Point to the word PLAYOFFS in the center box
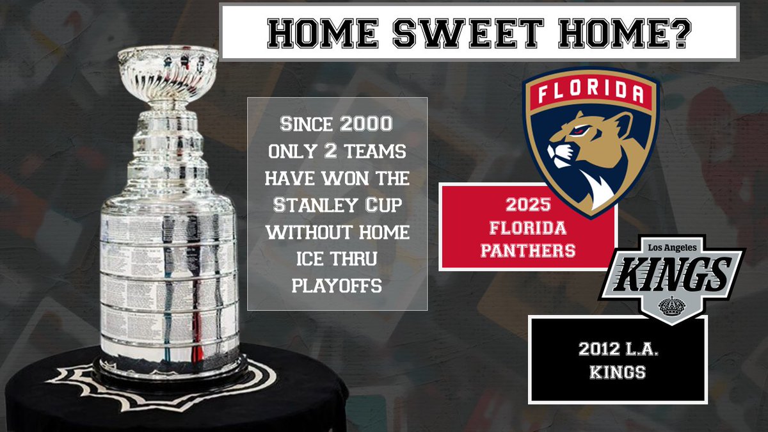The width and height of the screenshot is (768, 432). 337,286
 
